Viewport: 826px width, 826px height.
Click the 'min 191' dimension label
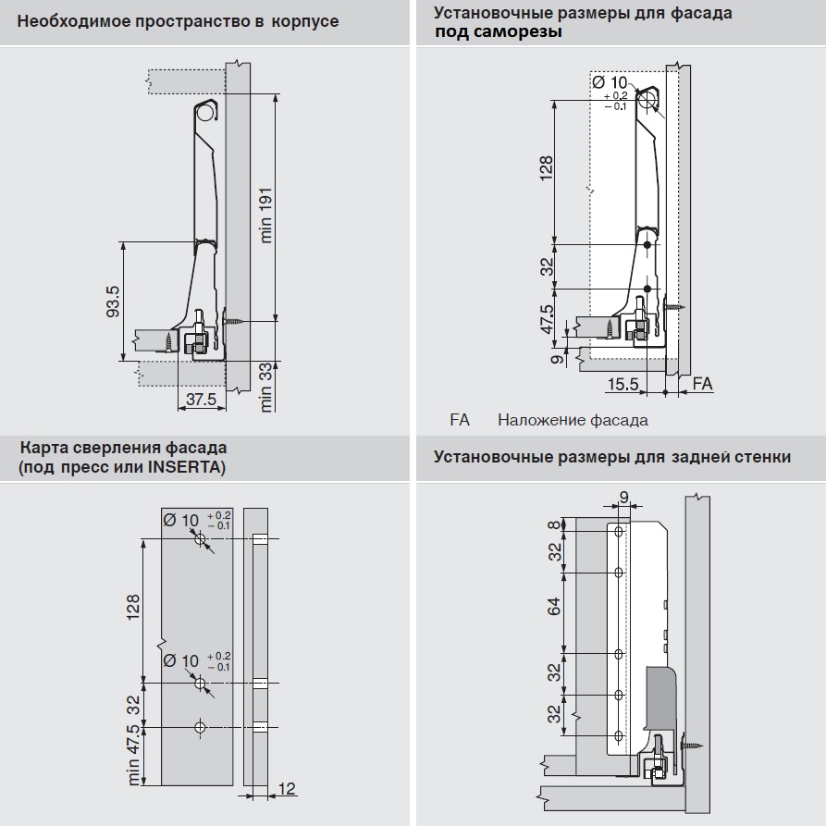pyautogui.click(x=266, y=210)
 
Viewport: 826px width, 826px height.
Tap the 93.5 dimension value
pyautogui.click(x=113, y=302)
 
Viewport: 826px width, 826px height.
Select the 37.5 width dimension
pyautogui.click(x=201, y=400)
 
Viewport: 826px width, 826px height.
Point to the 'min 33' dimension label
pyautogui.click(x=266, y=387)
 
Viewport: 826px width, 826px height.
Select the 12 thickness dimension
pyautogui.click(x=287, y=788)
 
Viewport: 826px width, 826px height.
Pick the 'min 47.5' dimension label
pyautogui.click(x=134, y=755)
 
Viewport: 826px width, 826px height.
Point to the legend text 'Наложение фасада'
pyautogui.click(x=573, y=421)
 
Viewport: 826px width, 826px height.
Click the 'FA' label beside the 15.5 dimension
pyautogui.click(x=702, y=384)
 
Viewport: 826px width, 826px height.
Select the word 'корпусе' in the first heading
pyautogui.click(x=307, y=21)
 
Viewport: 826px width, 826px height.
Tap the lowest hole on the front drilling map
pyautogui.click(x=201, y=727)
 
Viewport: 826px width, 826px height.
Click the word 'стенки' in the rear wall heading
pyautogui.click(x=761, y=457)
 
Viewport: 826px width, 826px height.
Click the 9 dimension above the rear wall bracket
pyautogui.click(x=624, y=499)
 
